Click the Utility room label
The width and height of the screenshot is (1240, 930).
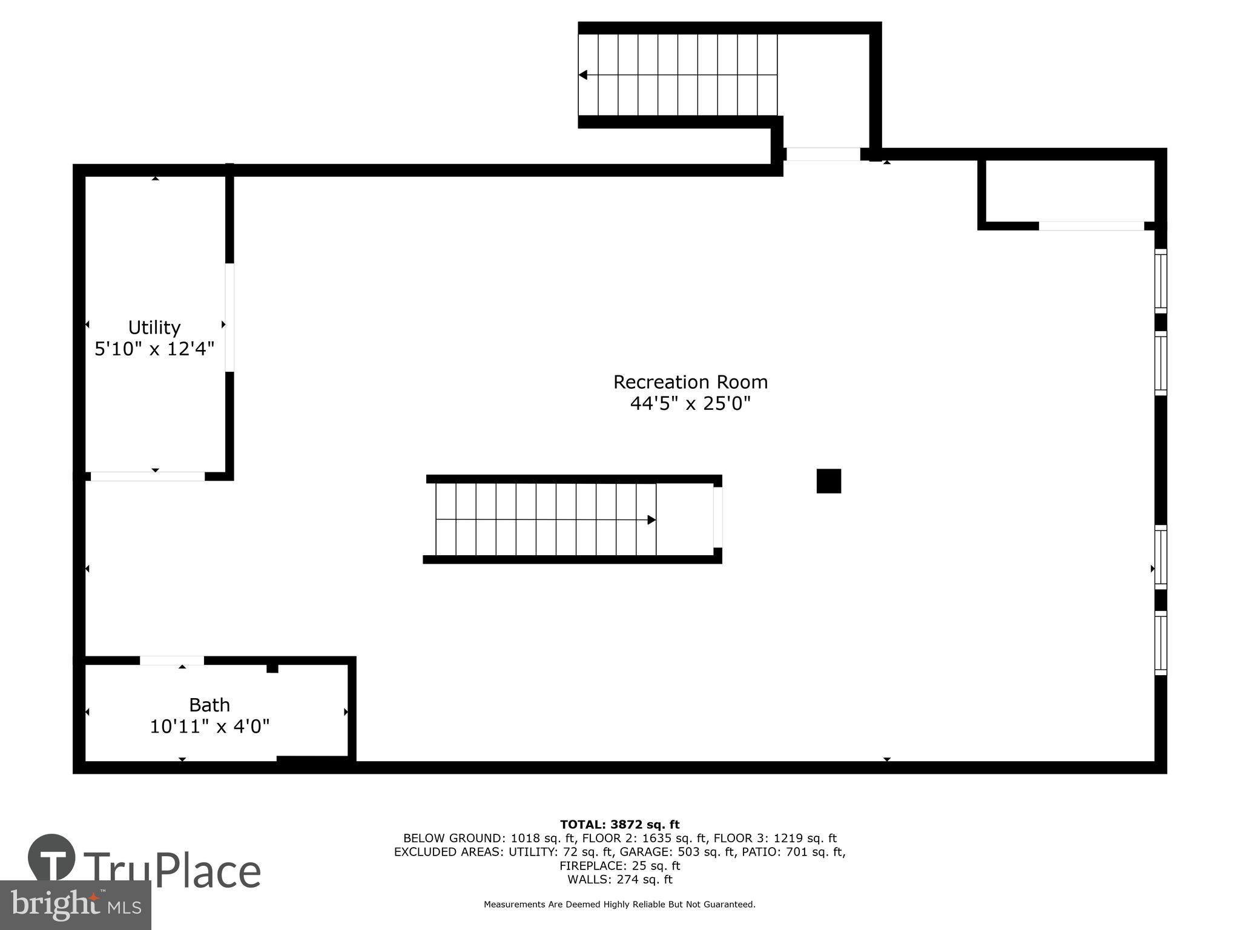(154, 328)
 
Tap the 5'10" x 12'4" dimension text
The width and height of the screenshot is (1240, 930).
(154, 349)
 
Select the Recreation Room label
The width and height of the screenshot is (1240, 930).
(690, 382)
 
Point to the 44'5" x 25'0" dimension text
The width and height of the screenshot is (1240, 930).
(690, 403)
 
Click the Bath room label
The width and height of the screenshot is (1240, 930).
(209, 705)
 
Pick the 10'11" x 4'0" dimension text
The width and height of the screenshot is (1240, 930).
(209, 726)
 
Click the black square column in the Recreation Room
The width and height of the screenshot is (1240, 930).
(828, 481)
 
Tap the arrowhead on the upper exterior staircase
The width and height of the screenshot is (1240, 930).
(583, 75)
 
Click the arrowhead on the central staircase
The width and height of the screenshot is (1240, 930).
(651, 519)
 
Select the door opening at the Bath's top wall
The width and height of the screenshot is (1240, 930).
(172, 661)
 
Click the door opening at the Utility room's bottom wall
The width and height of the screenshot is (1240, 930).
(148, 477)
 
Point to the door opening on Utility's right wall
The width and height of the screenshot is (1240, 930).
(229, 317)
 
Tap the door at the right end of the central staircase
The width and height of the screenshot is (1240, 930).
(717, 518)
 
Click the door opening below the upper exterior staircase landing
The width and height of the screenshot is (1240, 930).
(823, 154)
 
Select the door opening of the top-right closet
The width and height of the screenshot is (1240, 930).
(1091, 226)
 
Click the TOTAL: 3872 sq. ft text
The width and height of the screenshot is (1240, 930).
(619, 825)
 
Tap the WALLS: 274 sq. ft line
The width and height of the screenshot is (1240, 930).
(619, 880)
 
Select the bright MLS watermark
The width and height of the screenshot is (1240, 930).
(75, 905)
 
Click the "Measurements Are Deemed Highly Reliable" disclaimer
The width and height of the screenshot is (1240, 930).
(619, 905)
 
